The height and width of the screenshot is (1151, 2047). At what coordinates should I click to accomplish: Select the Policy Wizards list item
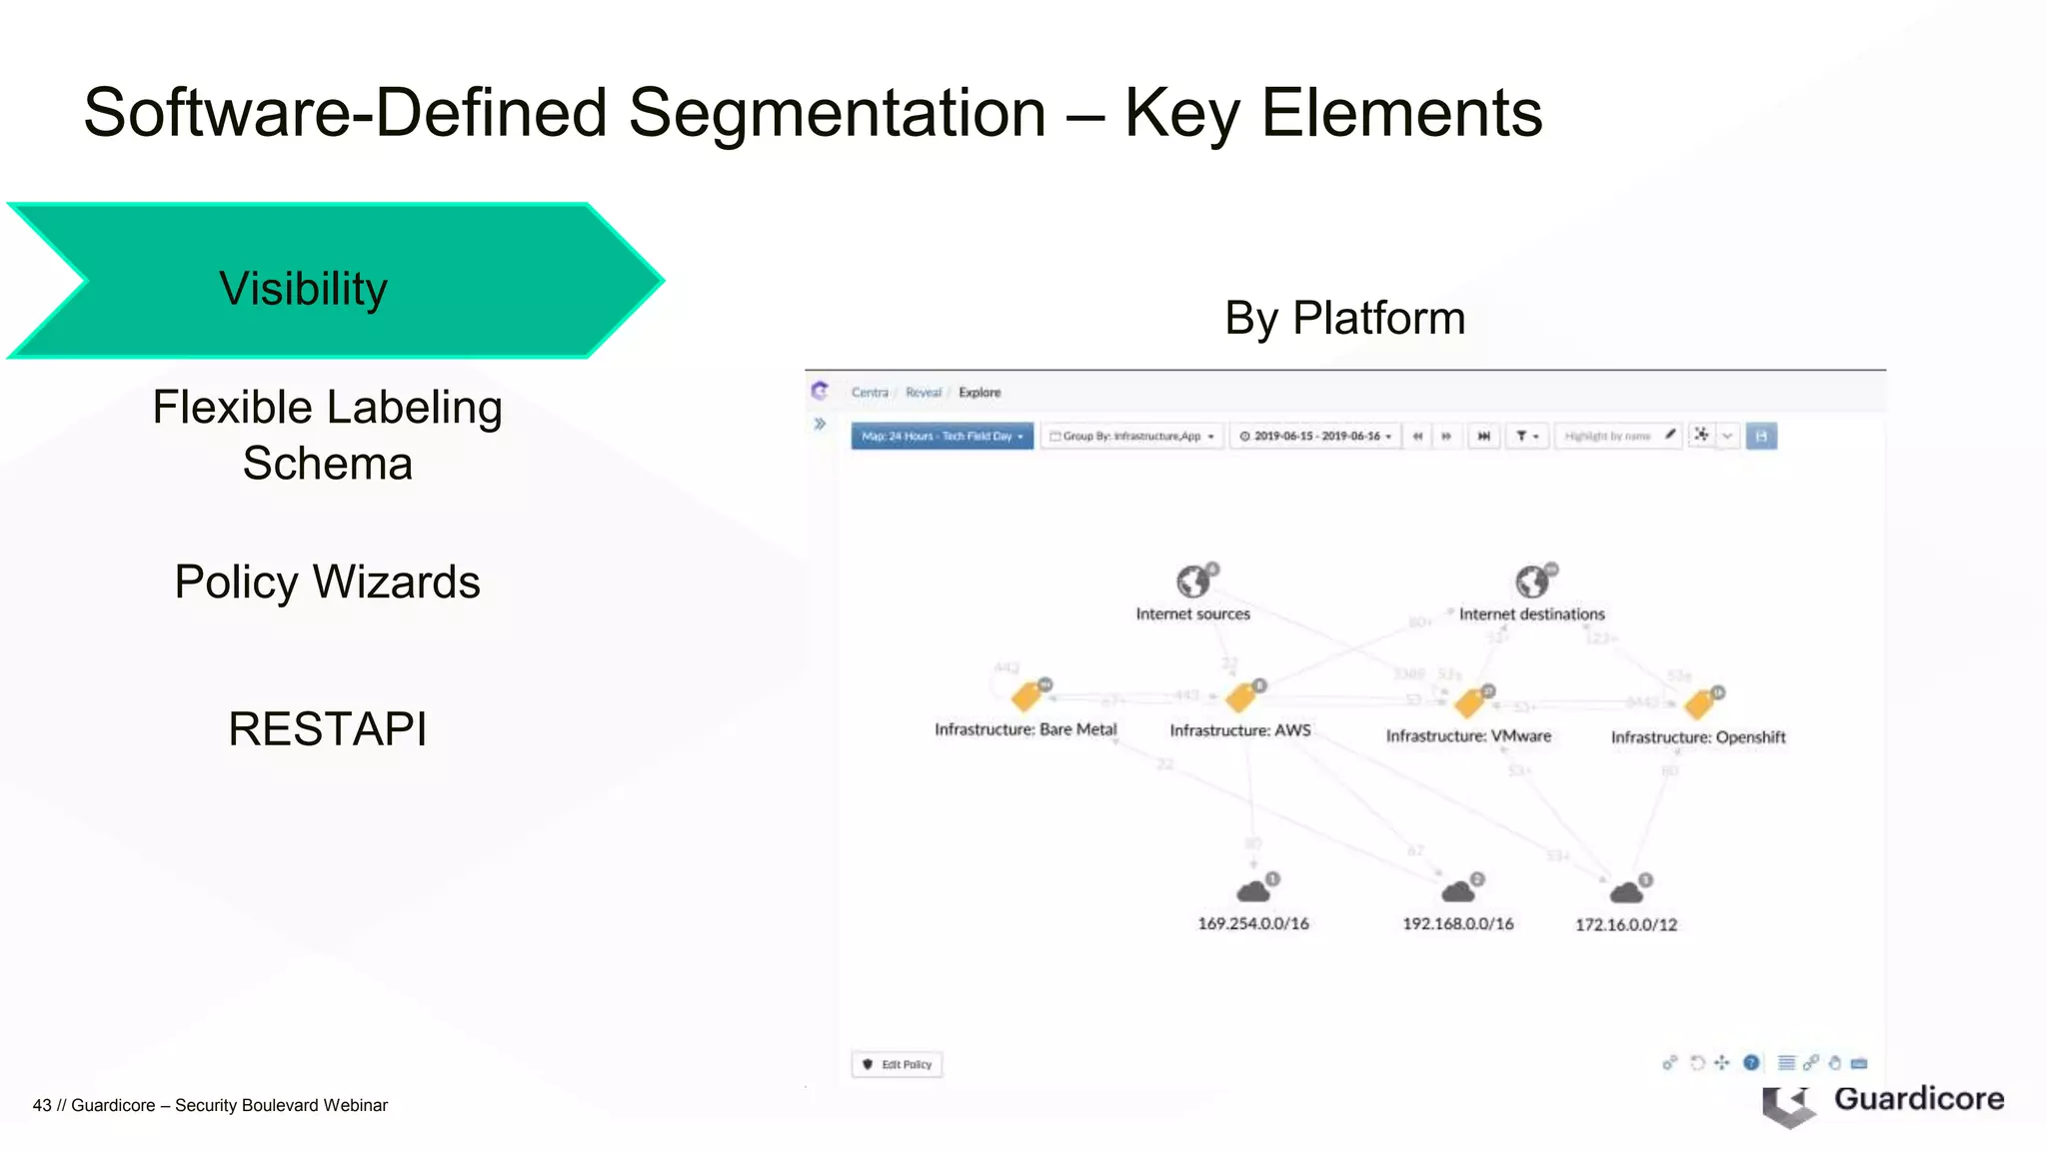(327, 581)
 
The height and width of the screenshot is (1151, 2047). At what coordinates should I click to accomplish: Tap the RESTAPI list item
(327, 728)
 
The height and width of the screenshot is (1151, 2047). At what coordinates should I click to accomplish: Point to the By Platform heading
(1344, 318)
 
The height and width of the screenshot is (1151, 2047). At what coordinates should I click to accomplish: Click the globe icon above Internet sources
(1192, 580)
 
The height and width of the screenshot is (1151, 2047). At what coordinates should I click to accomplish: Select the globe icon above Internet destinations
(1531, 580)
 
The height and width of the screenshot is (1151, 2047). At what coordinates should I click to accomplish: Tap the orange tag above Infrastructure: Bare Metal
(1026, 696)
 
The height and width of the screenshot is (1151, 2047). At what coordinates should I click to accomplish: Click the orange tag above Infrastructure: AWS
(1240, 696)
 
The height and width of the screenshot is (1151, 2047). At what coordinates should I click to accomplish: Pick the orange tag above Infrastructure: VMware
(1468, 702)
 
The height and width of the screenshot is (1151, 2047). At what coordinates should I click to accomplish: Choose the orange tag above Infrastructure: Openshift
(1698, 704)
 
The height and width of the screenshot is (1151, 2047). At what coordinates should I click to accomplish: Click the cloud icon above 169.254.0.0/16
(1253, 890)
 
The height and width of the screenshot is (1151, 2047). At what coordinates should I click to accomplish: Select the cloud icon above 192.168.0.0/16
(1458, 890)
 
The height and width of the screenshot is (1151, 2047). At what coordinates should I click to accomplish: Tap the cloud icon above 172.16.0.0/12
(1626, 891)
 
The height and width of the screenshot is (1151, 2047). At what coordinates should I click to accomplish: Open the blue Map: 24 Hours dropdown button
(942, 436)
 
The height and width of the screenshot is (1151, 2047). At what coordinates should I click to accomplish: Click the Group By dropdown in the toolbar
(1131, 436)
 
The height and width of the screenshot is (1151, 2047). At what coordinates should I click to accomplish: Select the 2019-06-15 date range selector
(1315, 436)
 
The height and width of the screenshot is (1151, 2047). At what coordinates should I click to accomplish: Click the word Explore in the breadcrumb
(980, 393)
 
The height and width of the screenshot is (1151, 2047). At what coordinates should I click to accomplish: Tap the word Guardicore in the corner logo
(1918, 1098)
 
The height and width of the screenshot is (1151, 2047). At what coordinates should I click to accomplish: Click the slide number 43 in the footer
(41, 1105)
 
